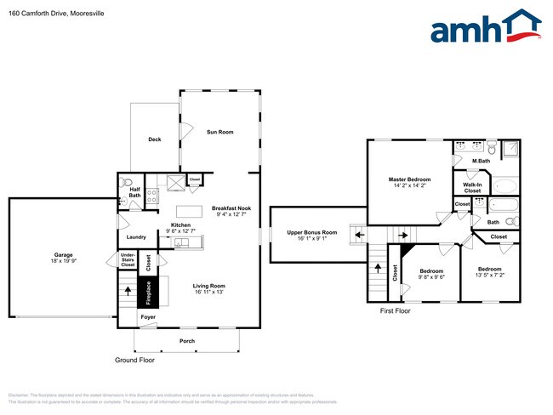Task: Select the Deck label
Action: tap(154, 139)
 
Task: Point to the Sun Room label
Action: tap(220, 132)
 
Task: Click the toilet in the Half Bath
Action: tap(127, 181)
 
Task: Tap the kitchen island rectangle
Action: tap(188, 210)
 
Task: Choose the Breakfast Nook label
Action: tap(231, 208)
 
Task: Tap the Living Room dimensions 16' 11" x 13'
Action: tap(208, 292)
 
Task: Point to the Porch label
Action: tap(186, 341)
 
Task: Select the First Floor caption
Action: tap(395, 311)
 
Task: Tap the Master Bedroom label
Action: tap(410, 179)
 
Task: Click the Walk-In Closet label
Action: tap(472, 187)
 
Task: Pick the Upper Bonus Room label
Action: tap(312, 232)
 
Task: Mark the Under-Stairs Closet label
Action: tap(128, 259)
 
